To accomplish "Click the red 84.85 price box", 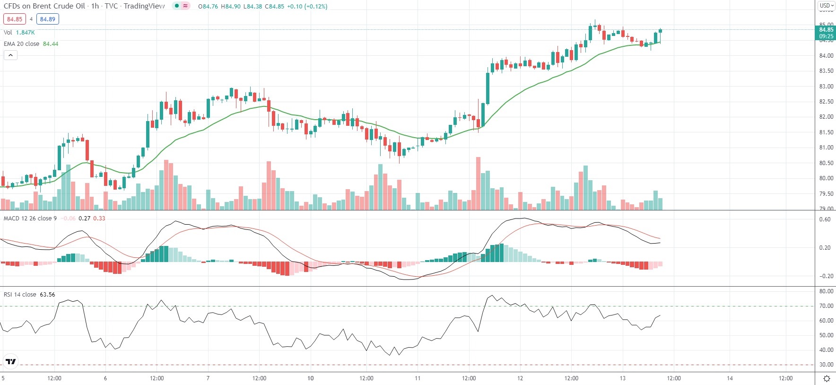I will (14, 19).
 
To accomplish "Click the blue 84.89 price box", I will (47, 19).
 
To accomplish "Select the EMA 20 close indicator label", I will (22, 44).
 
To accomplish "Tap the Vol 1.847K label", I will (19, 33).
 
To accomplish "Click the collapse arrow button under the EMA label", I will (10, 55).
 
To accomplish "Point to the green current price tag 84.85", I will (826, 33).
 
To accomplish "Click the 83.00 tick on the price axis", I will (826, 87).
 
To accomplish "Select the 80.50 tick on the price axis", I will (826, 163).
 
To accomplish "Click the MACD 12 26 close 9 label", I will (30, 219).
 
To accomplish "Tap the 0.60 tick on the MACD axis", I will (825, 219).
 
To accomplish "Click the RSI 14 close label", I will (20, 295).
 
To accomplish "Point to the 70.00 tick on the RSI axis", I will (826, 306).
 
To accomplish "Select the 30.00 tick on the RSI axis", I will (826, 365).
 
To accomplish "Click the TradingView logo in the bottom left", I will (10, 362).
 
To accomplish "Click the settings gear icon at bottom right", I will (827, 378).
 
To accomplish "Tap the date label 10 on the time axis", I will (311, 378).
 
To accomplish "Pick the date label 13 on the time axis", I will (622, 378).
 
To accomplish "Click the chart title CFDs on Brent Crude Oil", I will (44, 6).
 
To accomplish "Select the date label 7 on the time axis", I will (208, 378).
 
